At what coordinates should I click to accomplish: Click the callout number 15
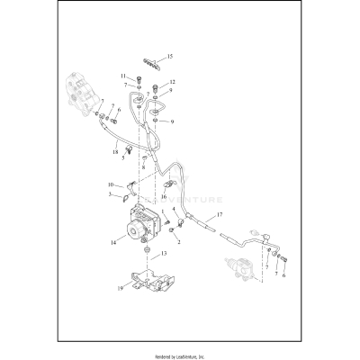tap(171, 57)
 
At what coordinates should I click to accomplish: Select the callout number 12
tap(172, 83)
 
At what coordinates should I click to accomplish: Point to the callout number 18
tap(116, 152)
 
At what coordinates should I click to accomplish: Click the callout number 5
tap(123, 158)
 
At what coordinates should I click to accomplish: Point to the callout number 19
tap(120, 288)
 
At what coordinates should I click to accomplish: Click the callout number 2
tap(180, 242)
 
